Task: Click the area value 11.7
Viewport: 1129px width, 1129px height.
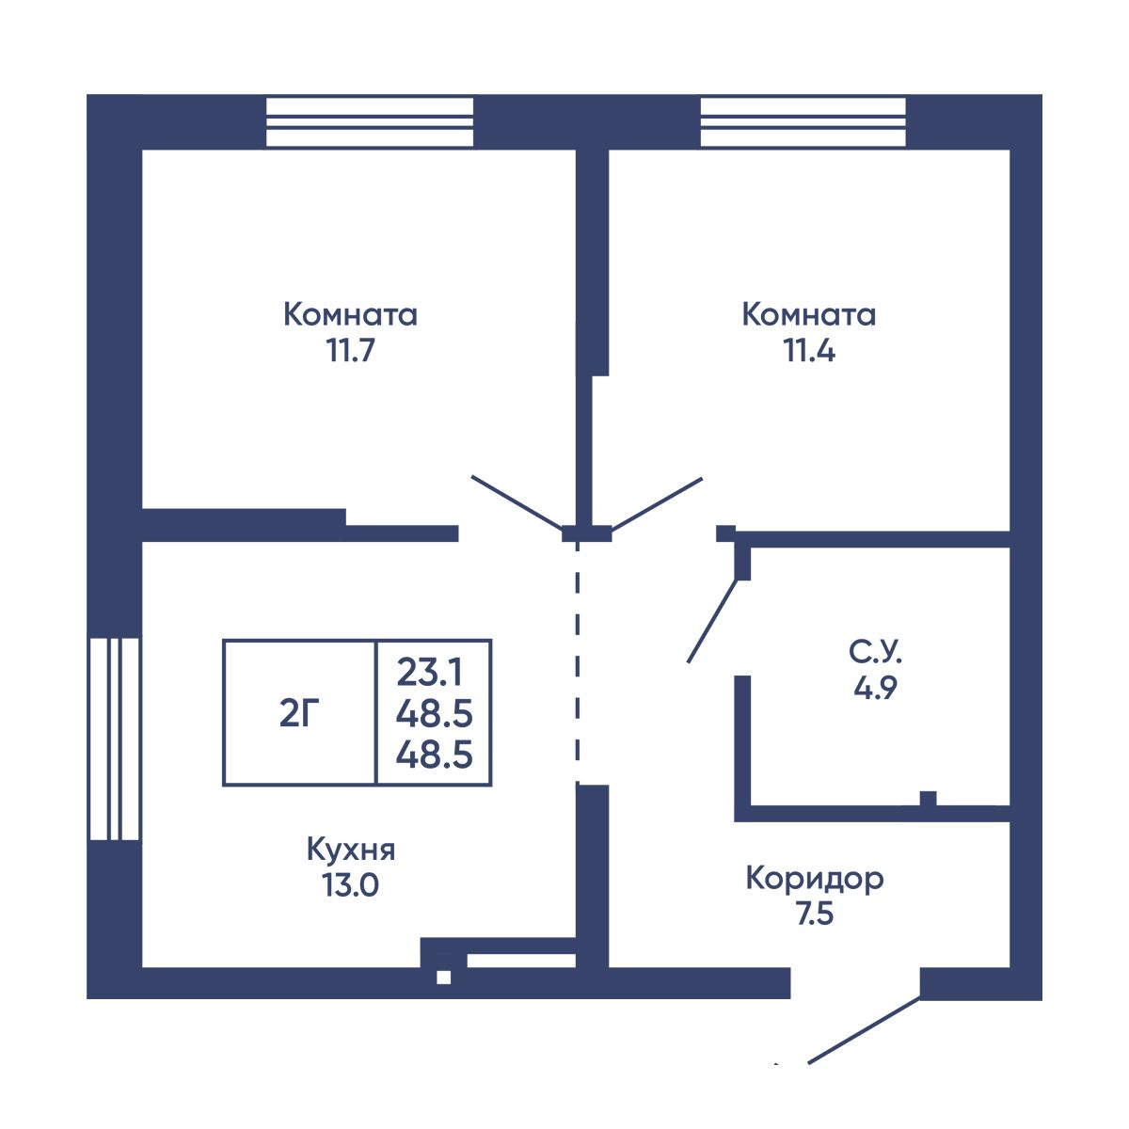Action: (350, 351)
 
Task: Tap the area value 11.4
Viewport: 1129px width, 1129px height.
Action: (809, 351)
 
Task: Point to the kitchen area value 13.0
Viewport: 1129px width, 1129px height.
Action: (350, 885)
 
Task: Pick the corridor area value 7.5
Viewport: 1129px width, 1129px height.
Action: (815, 914)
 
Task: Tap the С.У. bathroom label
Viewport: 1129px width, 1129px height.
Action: (875, 652)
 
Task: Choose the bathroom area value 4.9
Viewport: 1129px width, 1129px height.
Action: (875, 688)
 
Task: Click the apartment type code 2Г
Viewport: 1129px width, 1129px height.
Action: (299, 713)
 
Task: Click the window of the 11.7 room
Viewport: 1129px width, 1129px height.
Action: (370, 122)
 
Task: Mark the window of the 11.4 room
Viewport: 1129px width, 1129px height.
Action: (803, 122)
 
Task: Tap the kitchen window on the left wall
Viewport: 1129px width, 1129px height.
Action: (114, 739)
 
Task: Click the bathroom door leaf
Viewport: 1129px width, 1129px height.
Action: (712, 621)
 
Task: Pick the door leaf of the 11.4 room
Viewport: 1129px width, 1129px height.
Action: (657, 503)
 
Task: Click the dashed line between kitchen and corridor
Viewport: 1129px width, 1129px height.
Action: (578, 663)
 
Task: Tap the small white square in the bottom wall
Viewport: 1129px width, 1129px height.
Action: (443, 978)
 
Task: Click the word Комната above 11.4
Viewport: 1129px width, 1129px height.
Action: (809, 314)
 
